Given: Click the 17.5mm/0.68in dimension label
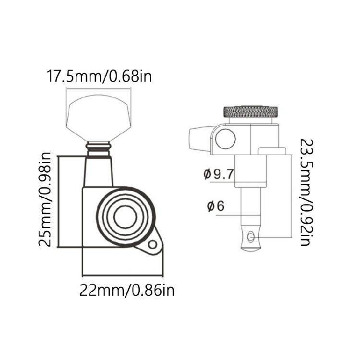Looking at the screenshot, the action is [x=99, y=76].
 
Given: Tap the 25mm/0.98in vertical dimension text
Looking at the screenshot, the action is [x=45, y=199].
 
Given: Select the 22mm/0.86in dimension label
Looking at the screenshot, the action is [x=127, y=290].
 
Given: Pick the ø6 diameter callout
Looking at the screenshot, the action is [x=216, y=206].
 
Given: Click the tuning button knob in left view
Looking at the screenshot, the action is [x=98, y=118].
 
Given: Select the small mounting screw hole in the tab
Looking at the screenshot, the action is [x=152, y=244].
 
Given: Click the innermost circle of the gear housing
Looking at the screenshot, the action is [x=125, y=217].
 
